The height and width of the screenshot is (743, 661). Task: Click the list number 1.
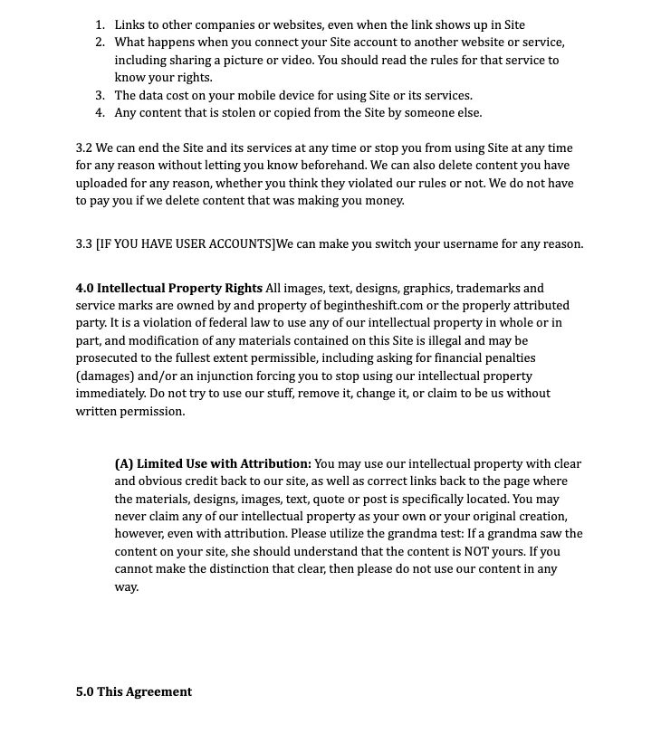point(100,25)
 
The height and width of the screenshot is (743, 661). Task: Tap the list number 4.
point(100,113)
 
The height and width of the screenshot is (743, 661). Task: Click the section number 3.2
point(84,148)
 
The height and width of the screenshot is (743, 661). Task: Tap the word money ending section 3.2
point(382,201)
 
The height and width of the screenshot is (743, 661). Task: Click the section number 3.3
point(84,244)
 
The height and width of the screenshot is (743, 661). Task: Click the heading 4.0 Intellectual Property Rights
point(169,289)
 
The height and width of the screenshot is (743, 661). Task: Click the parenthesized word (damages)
point(104,376)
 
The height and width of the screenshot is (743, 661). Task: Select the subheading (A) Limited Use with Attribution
point(213,464)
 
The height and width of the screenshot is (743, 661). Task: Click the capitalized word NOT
point(477,552)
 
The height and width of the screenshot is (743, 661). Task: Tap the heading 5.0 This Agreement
point(134,692)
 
